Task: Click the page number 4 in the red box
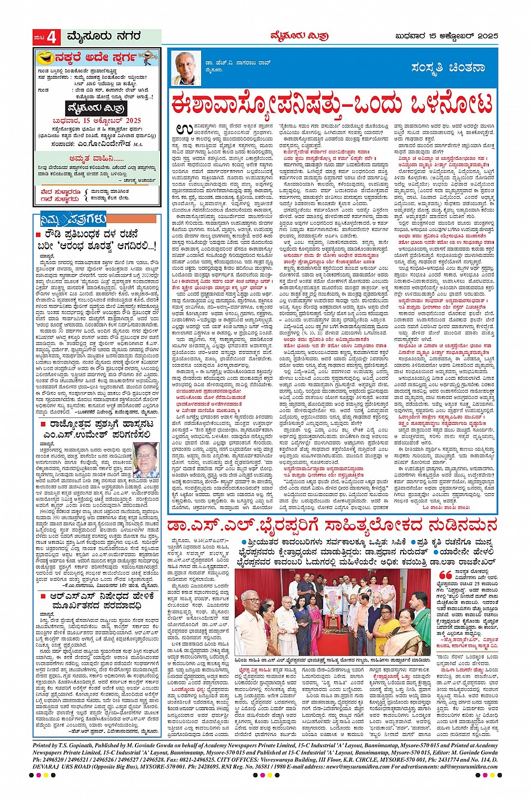tap(52, 38)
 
